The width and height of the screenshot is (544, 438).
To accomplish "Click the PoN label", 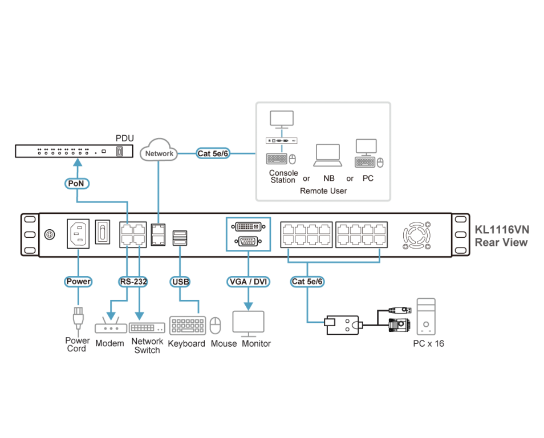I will click(x=76, y=184).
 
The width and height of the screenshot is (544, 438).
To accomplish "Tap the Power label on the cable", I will click(x=78, y=281).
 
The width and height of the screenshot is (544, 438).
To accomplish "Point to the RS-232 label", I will click(x=133, y=281).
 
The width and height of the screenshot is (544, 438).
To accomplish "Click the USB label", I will click(x=180, y=281).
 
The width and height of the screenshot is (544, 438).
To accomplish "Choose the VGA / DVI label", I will click(x=249, y=281).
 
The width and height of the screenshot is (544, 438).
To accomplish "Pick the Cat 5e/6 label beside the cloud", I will click(x=213, y=153).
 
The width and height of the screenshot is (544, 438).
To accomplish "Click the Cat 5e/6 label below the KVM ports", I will click(x=308, y=281).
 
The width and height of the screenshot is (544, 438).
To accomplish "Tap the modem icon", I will click(x=110, y=328).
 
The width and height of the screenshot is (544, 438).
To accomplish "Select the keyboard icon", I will click(x=188, y=325).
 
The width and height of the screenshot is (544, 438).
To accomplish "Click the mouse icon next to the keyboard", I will click(x=215, y=326).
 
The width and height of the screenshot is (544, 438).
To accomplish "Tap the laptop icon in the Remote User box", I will click(x=327, y=155).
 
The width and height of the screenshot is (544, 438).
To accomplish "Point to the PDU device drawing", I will click(x=73, y=152).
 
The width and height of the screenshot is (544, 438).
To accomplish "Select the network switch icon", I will click(x=147, y=328).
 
